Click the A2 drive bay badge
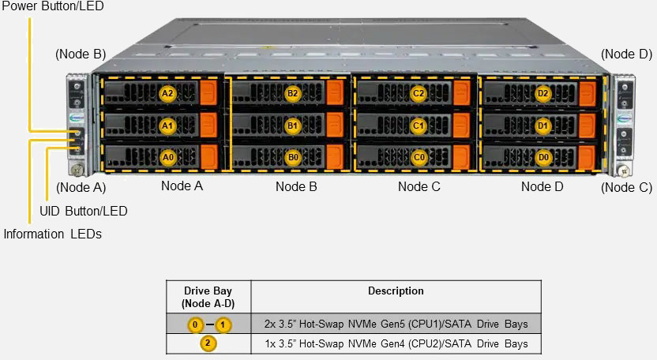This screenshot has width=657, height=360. (x=167, y=93)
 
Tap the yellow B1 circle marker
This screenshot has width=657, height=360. (x=293, y=126)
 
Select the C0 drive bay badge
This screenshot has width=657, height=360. (x=419, y=157)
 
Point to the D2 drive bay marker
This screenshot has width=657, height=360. (x=542, y=93)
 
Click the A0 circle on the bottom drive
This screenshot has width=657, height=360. (x=167, y=157)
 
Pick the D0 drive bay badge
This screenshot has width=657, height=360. (x=542, y=157)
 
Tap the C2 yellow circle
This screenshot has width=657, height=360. (x=419, y=93)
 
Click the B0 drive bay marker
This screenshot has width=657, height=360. (x=293, y=157)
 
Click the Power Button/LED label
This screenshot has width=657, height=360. (x=52, y=6)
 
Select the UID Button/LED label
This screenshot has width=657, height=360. (x=83, y=211)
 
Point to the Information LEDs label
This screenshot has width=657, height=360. (x=52, y=234)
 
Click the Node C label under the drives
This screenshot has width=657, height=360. (x=419, y=186)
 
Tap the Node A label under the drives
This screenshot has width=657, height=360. (x=182, y=186)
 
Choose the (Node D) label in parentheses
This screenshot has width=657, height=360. (x=626, y=54)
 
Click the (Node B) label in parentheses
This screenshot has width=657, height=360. (x=80, y=54)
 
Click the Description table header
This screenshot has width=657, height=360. (x=396, y=291)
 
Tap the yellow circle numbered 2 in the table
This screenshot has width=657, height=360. (x=207, y=343)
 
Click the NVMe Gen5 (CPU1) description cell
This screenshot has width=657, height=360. (x=396, y=324)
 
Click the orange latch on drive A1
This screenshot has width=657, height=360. (x=208, y=125)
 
